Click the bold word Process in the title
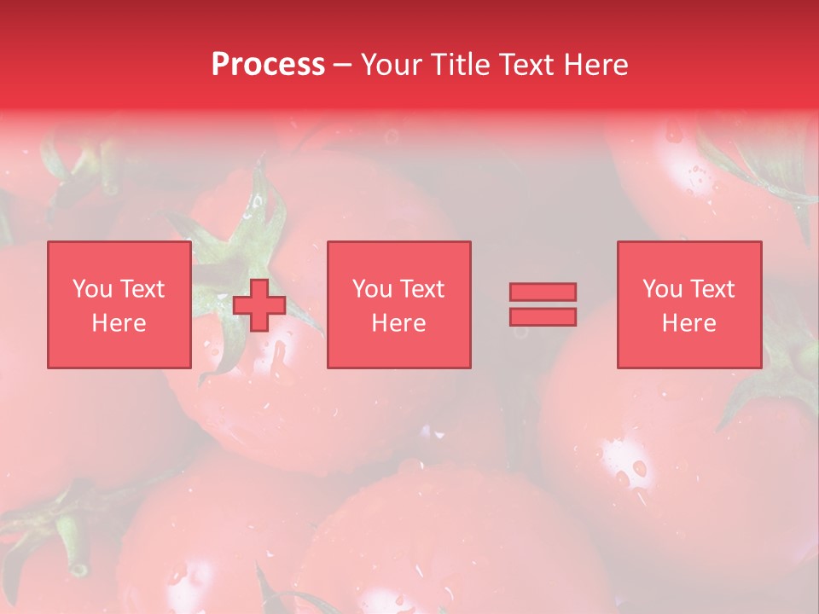click(x=268, y=65)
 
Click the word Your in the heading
click(x=392, y=65)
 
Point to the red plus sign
click(x=259, y=305)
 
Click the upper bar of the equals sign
click(x=543, y=292)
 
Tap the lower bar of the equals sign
click(x=543, y=317)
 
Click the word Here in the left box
click(x=119, y=324)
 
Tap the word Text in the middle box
click(x=421, y=290)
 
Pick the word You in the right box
click(x=662, y=290)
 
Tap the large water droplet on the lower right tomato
click(x=639, y=467)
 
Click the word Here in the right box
click(x=689, y=324)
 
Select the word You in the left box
click(x=92, y=290)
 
